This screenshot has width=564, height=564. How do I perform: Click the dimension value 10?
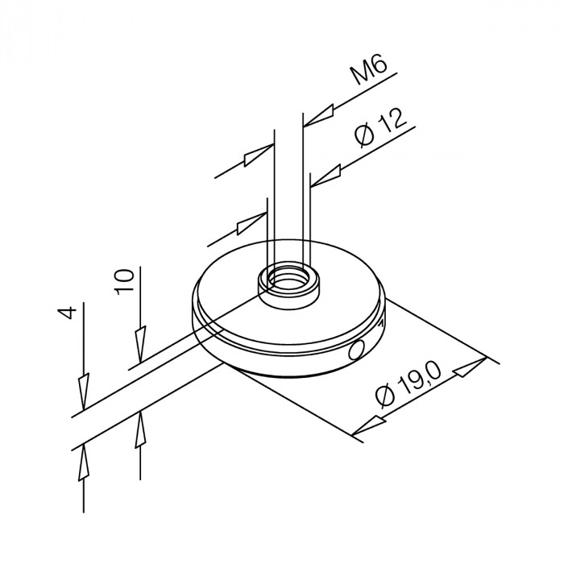(125, 282)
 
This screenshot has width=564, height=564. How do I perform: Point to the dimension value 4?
(67, 313)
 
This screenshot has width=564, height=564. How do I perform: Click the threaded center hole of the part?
(288, 279)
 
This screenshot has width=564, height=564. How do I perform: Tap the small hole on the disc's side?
(356, 350)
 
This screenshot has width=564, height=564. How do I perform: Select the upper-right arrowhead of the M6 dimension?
(319, 115)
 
